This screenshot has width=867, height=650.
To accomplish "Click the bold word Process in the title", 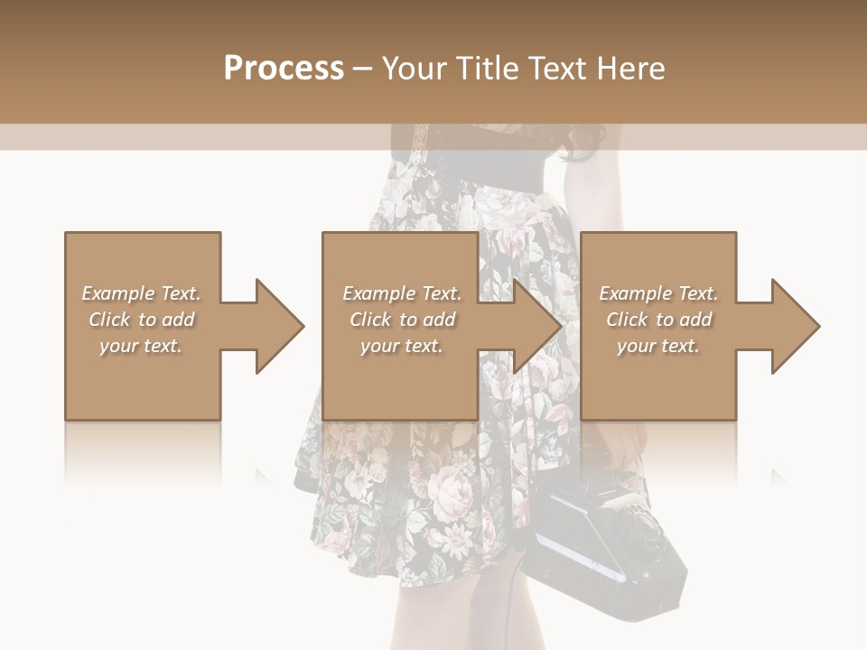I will [284, 69].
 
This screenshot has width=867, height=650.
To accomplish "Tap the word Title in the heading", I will [487, 69].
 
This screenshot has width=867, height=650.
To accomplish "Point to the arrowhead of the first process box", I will [281, 326].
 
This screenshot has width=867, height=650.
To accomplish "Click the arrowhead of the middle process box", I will [539, 326].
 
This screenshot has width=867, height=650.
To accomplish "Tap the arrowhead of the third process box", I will [797, 326].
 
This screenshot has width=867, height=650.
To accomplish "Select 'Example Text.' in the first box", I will [141, 293].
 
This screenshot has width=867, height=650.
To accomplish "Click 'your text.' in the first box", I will [141, 346].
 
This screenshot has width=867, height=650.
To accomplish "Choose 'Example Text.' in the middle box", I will [402, 293].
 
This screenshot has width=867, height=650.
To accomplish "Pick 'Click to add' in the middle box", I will [402, 320].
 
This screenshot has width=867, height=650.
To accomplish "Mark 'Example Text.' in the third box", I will [658, 293].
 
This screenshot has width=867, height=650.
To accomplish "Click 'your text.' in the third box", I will [658, 346].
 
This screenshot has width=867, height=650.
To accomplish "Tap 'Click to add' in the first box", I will [141, 320].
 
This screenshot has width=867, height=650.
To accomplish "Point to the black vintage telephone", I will [605, 542].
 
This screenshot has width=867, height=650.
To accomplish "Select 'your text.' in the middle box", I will [402, 346].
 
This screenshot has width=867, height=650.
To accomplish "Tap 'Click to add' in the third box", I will [658, 320].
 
